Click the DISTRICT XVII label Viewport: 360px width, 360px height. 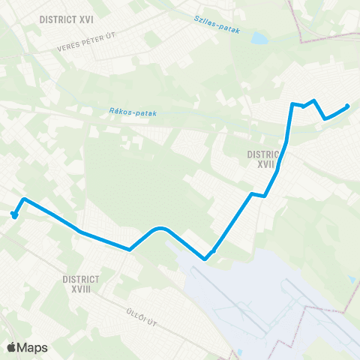click(263, 157)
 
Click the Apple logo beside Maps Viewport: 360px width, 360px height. click(12, 347)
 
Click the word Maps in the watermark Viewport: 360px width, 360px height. click(33, 347)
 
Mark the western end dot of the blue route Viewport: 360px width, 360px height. click(13, 214)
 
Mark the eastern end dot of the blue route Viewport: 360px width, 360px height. click(347, 106)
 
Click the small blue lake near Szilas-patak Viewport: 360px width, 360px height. click(258, 37)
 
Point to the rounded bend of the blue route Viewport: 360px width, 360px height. click(158, 227)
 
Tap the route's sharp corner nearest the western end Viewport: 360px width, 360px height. click(24, 199)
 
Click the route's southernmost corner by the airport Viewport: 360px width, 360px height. click(205, 259)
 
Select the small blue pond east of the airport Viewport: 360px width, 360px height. click(352, 279)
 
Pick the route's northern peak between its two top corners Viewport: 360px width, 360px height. click(313, 100)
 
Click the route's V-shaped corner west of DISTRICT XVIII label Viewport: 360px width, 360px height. click(130, 249)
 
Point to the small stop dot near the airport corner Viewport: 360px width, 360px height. click(214, 252)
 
